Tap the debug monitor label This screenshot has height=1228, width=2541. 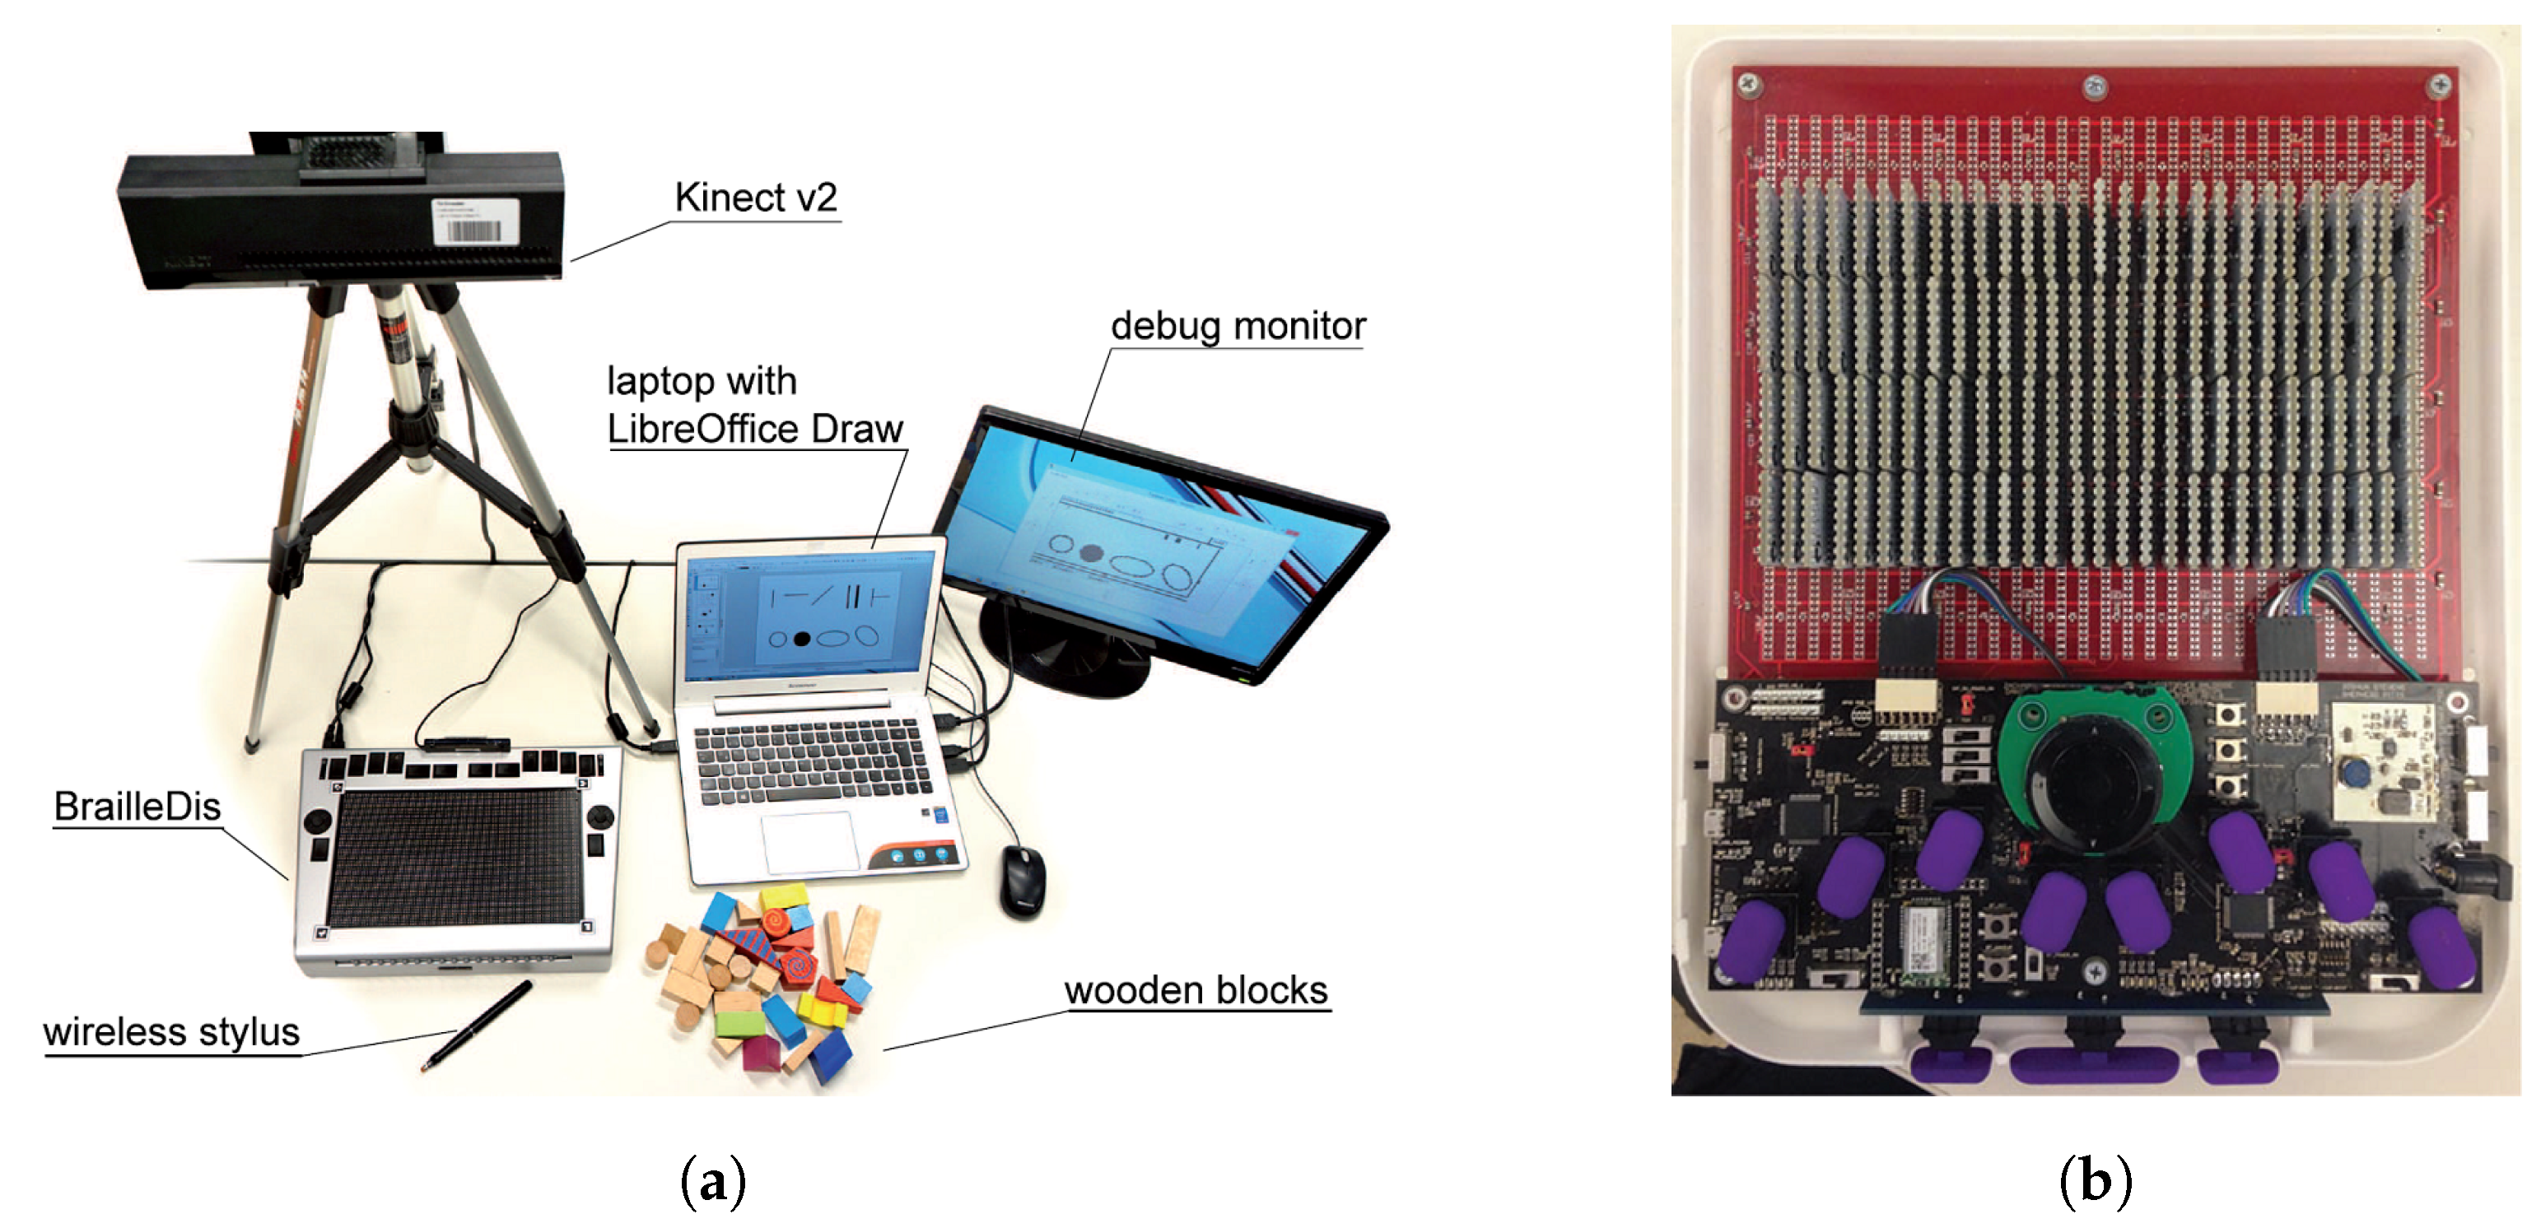[1237, 325]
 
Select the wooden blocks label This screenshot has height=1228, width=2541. [1196, 989]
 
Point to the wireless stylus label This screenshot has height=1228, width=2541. [170, 1032]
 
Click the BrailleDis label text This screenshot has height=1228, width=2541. [138, 806]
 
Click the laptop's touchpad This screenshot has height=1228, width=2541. [808, 841]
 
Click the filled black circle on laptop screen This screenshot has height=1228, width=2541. [802, 640]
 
